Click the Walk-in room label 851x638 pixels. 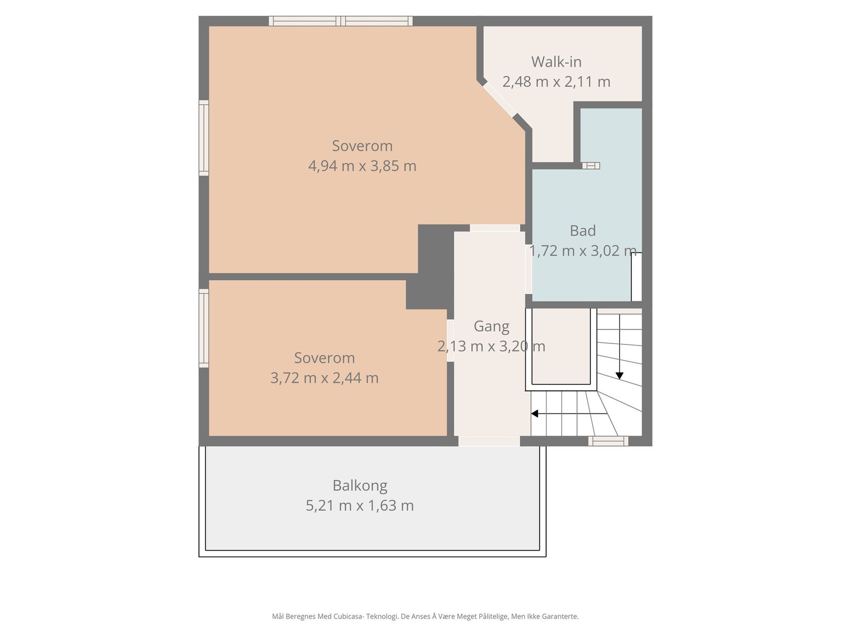coord(556,62)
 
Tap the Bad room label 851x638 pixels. coord(582,231)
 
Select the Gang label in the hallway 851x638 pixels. coord(491,326)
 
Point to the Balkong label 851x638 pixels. coord(360,486)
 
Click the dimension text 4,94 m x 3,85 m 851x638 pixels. coord(362,166)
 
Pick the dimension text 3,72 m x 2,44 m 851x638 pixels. coord(324,377)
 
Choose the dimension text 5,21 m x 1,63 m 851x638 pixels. coord(360,506)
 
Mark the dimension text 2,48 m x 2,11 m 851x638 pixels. coord(556,82)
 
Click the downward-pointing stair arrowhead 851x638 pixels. coord(620,376)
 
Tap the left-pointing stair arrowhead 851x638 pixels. coord(534,414)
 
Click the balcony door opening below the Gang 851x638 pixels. coord(489,441)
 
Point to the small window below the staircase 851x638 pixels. coord(608,441)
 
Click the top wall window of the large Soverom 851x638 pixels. coord(341,21)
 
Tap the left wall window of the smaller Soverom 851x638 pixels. coord(204,328)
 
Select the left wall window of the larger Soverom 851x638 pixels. coord(204,138)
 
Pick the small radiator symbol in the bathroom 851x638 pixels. coord(591,166)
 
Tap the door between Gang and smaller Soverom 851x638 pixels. coord(450,340)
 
